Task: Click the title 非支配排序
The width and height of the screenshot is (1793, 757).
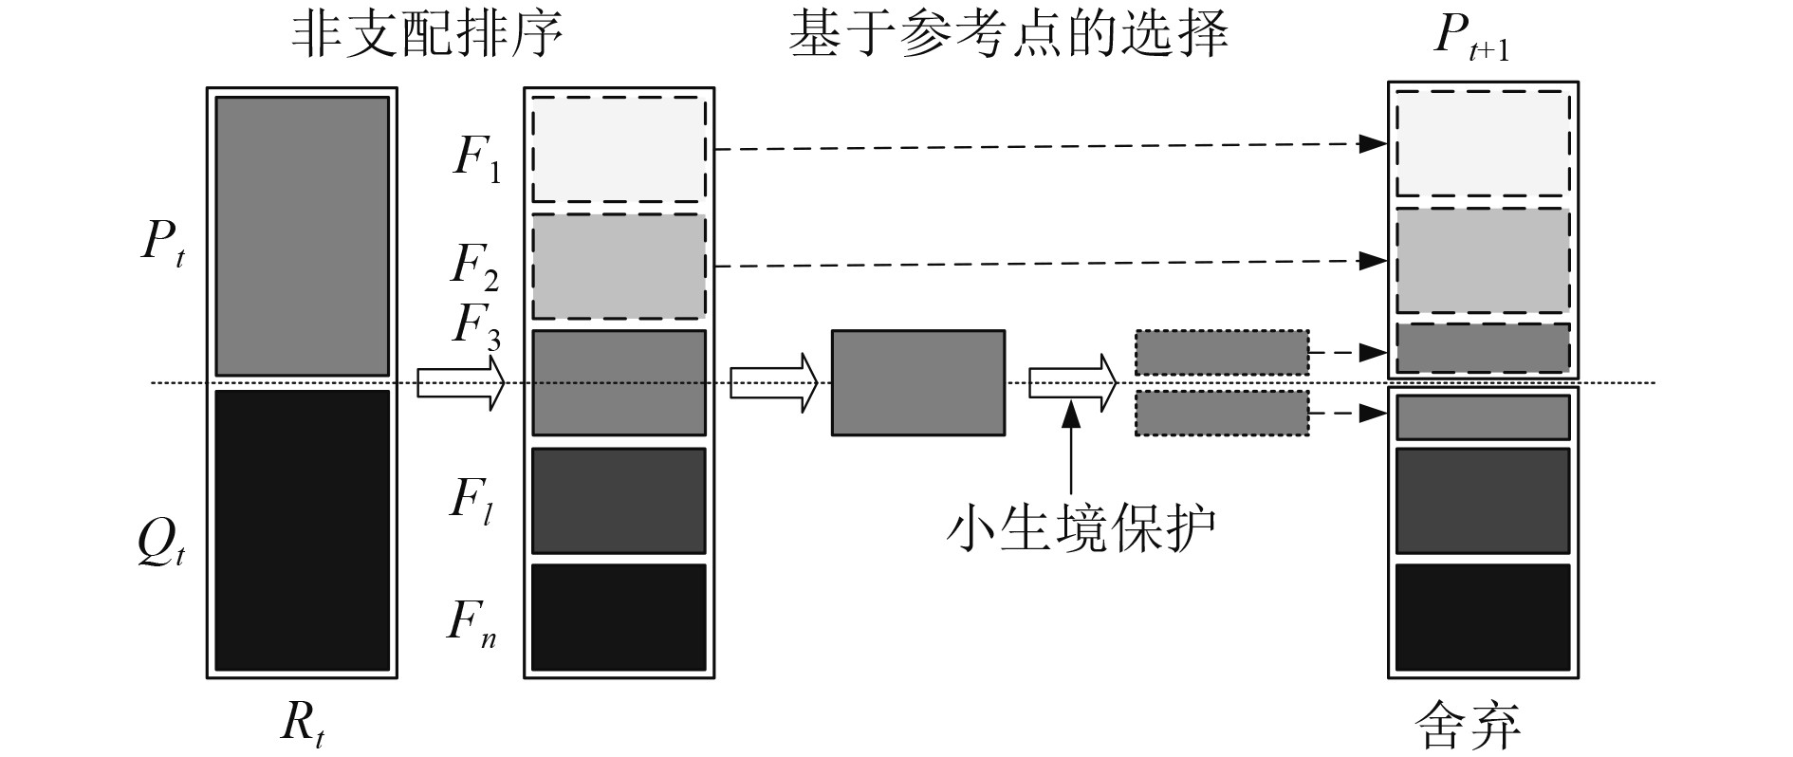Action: click(x=427, y=36)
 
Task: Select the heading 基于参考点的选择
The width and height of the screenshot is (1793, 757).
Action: click(x=1008, y=36)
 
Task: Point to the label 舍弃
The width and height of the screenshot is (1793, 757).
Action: click(x=1468, y=726)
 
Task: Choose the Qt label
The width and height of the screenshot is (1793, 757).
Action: click(x=160, y=544)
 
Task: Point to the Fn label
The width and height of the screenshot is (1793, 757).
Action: click(x=471, y=623)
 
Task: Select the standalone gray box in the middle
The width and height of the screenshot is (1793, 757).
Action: click(x=917, y=382)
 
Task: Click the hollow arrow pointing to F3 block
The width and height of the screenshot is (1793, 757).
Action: click(x=460, y=382)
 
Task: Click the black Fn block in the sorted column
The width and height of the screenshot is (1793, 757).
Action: click(x=619, y=618)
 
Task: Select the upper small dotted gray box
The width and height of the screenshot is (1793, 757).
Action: click(x=1222, y=353)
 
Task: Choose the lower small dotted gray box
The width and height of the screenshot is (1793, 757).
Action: click(x=1222, y=414)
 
